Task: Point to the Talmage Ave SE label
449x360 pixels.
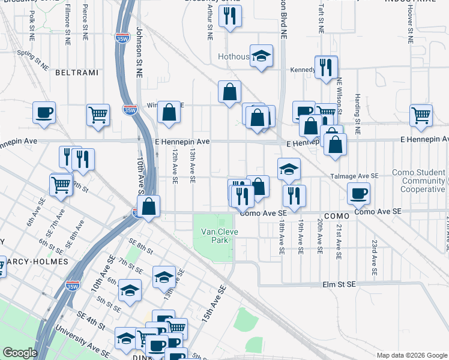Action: point(354,176)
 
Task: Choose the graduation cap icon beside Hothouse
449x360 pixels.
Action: point(261,56)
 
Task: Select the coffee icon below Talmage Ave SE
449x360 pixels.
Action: point(359,193)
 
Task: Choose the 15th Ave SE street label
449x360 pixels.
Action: point(214,304)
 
